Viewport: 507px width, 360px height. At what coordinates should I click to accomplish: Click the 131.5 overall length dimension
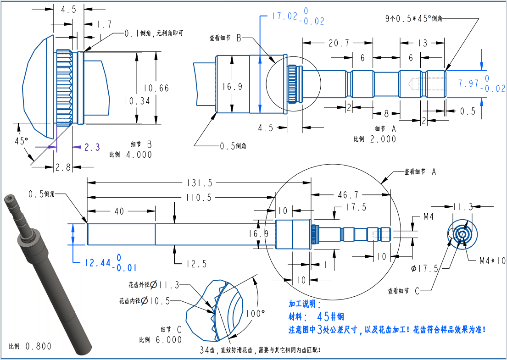(x=199, y=183)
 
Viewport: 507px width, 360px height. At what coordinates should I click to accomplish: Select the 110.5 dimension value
(x=199, y=198)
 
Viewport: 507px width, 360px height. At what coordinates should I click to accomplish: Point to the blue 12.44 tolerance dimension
(x=98, y=263)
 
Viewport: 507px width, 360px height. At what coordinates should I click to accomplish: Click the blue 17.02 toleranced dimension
(x=284, y=16)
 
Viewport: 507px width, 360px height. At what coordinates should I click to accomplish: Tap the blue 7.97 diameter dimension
(x=468, y=83)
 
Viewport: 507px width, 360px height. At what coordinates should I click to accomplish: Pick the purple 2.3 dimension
(x=92, y=147)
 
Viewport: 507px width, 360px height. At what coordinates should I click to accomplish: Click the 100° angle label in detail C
(x=256, y=313)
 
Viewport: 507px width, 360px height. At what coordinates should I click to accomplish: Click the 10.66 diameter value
(x=156, y=88)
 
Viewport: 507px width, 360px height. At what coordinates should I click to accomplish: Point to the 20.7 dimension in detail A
(x=339, y=43)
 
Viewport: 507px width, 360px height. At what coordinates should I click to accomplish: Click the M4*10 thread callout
(x=492, y=260)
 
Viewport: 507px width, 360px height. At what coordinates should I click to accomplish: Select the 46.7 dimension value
(x=348, y=195)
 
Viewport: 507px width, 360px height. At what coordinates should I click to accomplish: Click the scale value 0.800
(x=39, y=346)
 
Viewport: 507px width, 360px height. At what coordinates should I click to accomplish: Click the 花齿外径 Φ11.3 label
(x=154, y=285)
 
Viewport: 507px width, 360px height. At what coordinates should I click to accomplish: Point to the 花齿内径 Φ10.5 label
(x=144, y=301)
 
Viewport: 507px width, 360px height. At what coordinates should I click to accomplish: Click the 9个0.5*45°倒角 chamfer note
(x=413, y=18)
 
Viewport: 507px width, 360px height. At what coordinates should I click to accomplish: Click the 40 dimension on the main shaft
(x=119, y=211)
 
